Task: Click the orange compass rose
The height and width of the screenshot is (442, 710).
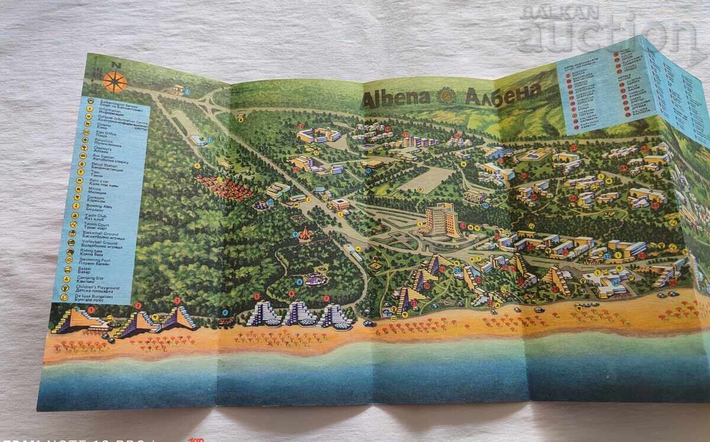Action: pos(115,82)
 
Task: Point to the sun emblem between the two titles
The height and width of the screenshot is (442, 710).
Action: pos(447,95)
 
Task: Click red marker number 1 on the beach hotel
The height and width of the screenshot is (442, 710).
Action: pos(91,310)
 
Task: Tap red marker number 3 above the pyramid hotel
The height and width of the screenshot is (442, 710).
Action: pos(177,301)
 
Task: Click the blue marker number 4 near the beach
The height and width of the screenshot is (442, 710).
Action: pos(225,313)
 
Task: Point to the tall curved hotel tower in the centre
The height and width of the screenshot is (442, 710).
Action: pos(441,221)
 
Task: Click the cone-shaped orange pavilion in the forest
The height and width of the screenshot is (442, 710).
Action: pos(305,234)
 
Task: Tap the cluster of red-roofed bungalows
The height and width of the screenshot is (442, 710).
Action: pos(224,187)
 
